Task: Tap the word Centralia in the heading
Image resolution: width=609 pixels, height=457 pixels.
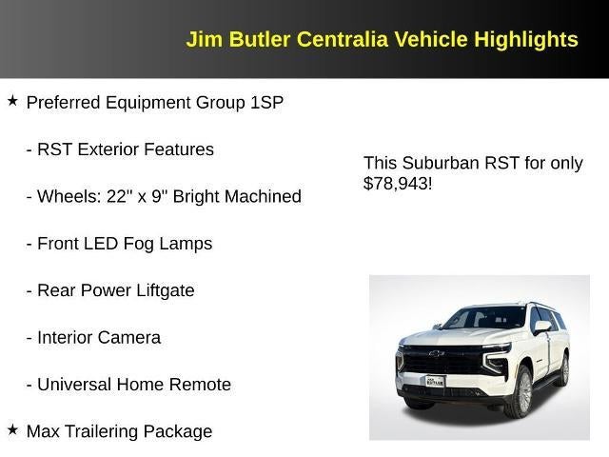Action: click(x=342, y=40)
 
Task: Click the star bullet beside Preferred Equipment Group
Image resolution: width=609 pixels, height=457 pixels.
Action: click(x=12, y=100)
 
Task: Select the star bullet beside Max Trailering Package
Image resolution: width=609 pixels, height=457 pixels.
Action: click(x=12, y=429)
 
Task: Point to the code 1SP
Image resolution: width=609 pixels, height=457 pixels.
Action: click(x=266, y=103)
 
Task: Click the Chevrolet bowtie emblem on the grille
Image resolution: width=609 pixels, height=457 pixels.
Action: click(x=436, y=354)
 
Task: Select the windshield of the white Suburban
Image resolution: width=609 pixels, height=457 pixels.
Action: click(x=485, y=318)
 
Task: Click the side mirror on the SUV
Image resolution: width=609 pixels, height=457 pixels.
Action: click(x=541, y=327)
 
